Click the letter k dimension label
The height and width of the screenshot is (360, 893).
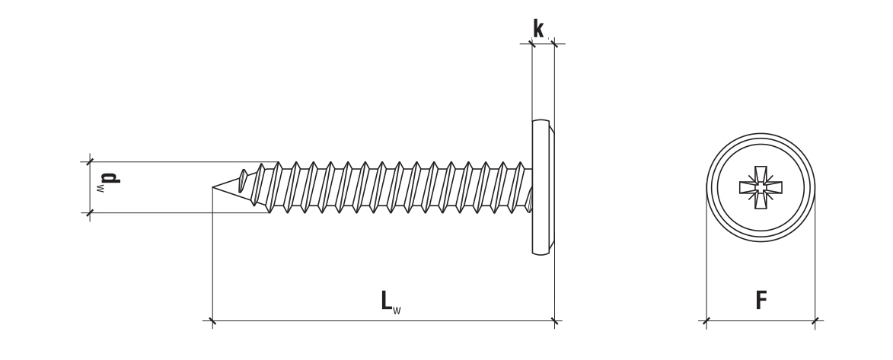[x=538, y=28]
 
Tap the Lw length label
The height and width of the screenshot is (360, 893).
[x=391, y=301]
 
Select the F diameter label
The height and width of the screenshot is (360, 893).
[x=761, y=300]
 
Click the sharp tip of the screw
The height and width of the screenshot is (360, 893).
[x=213, y=186]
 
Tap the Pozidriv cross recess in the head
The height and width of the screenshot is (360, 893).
[x=761, y=187]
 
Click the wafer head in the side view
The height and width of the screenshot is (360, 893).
[x=544, y=187]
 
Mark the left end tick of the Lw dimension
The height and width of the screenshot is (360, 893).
[x=212, y=320]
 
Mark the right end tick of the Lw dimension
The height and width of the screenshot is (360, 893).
[x=555, y=320]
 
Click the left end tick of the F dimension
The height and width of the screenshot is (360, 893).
[x=706, y=320]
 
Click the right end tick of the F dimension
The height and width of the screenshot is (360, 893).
[x=815, y=320]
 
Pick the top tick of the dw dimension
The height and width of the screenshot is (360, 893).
[x=90, y=162]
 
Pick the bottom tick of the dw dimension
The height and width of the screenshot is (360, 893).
[x=90, y=213]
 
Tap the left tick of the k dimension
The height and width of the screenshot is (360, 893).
[x=532, y=44]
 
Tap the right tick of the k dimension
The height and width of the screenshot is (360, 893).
[x=555, y=44]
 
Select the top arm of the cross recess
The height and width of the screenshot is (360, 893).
[x=761, y=174]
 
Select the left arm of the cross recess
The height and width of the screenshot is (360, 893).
[x=748, y=187]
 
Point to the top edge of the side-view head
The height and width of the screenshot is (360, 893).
[x=541, y=120]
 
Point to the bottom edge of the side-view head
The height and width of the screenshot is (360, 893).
[x=541, y=254]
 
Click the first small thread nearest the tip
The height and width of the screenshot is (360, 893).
[x=243, y=180]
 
